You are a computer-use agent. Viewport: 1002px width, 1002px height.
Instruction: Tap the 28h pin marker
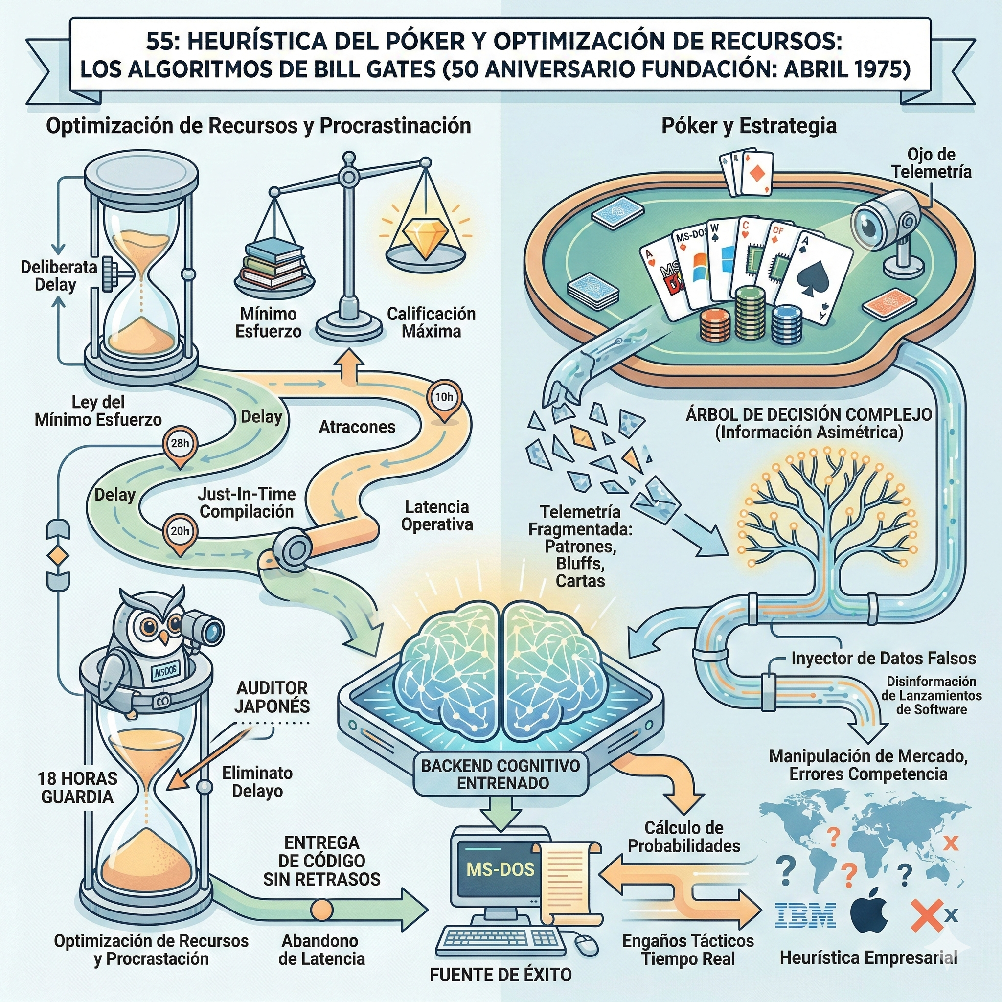[180, 443]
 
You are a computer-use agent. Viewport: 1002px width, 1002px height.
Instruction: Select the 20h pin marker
[180, 531]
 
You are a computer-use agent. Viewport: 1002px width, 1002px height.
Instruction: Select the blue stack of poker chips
[787, 325]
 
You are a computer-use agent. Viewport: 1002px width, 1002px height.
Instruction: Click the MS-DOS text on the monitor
[500, 869]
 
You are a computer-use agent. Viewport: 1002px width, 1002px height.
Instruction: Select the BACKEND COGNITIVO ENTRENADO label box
[500, 774]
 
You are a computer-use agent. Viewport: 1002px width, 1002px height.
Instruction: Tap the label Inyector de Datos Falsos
[883, 659]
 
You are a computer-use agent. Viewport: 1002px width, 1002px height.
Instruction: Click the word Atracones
[357, 427]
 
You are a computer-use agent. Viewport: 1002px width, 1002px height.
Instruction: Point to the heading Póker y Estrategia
[749, 126]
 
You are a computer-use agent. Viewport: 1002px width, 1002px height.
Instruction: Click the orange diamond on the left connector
[58, 556]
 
